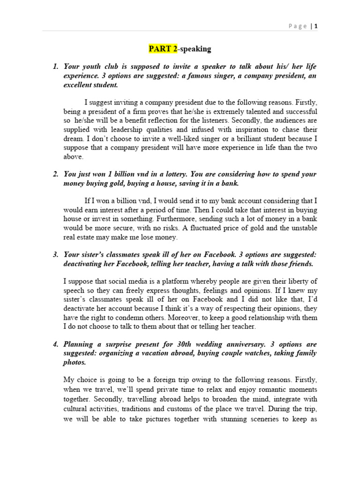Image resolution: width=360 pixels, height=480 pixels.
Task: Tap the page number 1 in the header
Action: coord(316,26)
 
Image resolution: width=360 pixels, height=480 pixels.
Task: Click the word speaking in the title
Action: coord(195,49)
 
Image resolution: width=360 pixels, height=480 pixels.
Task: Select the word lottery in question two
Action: coord(170,174)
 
